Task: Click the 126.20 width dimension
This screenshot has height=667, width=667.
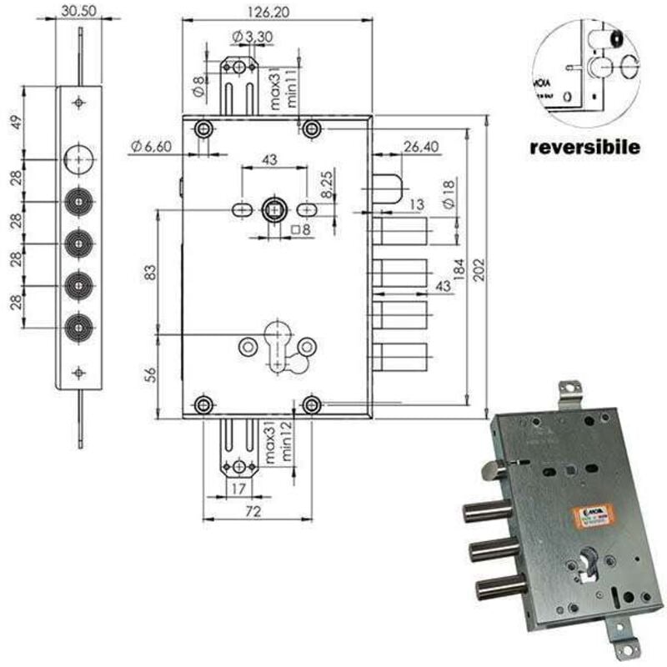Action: pos(277,13)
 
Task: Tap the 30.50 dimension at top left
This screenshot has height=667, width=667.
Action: pos(79,13)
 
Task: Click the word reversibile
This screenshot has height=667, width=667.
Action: pos(585,148)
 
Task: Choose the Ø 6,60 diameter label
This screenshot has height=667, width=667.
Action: pos(151,148)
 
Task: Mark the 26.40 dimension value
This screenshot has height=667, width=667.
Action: pos(420,147)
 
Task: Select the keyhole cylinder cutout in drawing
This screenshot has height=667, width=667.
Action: pos(276,342)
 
